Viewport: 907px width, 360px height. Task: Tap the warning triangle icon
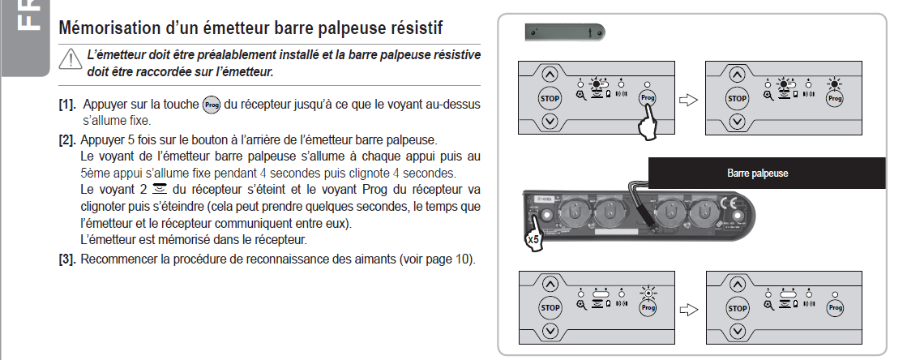click(x=71, y=60)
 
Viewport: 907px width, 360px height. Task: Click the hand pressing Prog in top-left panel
click(x=649, y=123)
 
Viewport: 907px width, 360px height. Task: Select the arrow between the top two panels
click(x=688, y=100)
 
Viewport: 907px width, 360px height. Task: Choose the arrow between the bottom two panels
click(x=688, y=310)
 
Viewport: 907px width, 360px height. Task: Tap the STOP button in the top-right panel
click(x=737, y=98)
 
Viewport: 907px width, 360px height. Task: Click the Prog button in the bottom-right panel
click(x=836, y=308)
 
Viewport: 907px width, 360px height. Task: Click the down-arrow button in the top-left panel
click(x=550, y=122)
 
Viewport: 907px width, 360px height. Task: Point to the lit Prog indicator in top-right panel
click(x=835, y=84)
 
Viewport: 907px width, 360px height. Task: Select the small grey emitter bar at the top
click(x=565, y=32)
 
